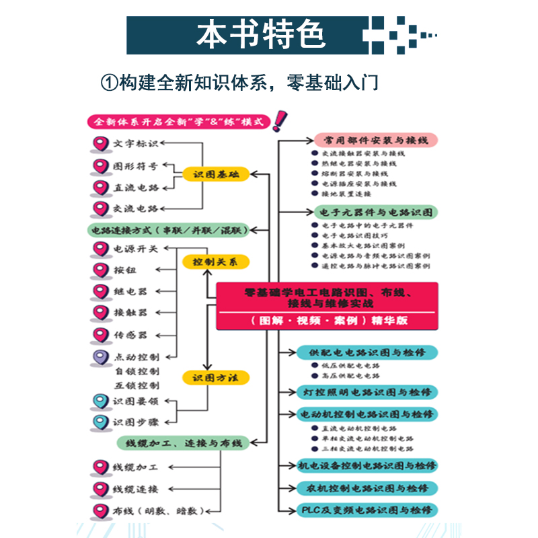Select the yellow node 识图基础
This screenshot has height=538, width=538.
[x=215, y=174]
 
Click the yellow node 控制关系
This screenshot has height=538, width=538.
[x=215, y=262]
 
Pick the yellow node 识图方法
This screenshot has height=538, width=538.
[x=215, y=378]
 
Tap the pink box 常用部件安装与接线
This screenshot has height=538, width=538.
[x=376, y=141]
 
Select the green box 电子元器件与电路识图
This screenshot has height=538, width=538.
[x=376, y=213]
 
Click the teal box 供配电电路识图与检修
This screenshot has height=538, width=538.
[x=367, y=352]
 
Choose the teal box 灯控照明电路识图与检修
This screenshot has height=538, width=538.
[x=367, y=391]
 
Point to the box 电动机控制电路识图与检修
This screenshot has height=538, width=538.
[x=367, y=413]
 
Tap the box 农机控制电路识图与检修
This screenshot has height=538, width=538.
[x=367, y=488]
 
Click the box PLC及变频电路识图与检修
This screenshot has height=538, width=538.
[x=367, y=510]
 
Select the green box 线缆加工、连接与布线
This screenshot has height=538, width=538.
[x=183, y=443]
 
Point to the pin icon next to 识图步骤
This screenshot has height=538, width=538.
[x=100, y=422]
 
